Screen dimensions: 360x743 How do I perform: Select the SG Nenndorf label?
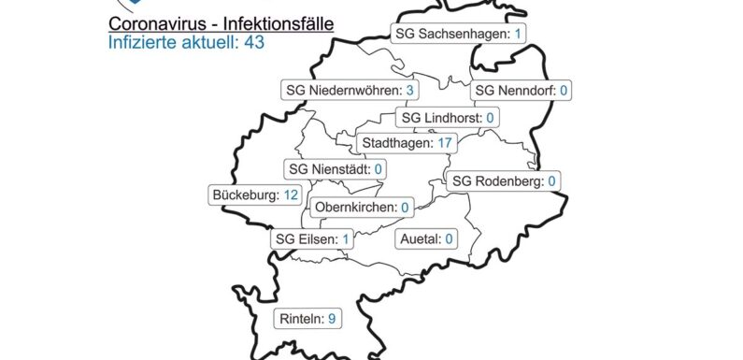point(522,91)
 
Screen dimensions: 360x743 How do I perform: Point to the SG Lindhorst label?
point(446,118)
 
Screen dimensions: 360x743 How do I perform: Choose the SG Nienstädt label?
point(336,169)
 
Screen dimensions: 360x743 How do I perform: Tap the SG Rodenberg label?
point(504,180)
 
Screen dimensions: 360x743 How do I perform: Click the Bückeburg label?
point(255,195)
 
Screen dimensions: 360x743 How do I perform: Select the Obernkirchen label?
point(363,207)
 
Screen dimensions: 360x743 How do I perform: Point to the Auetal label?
point(426,238)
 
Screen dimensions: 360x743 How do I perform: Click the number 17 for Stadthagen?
point(445,143)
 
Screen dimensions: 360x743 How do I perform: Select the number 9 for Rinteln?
point(331,319)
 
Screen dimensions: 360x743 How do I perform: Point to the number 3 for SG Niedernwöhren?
point(409,90)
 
